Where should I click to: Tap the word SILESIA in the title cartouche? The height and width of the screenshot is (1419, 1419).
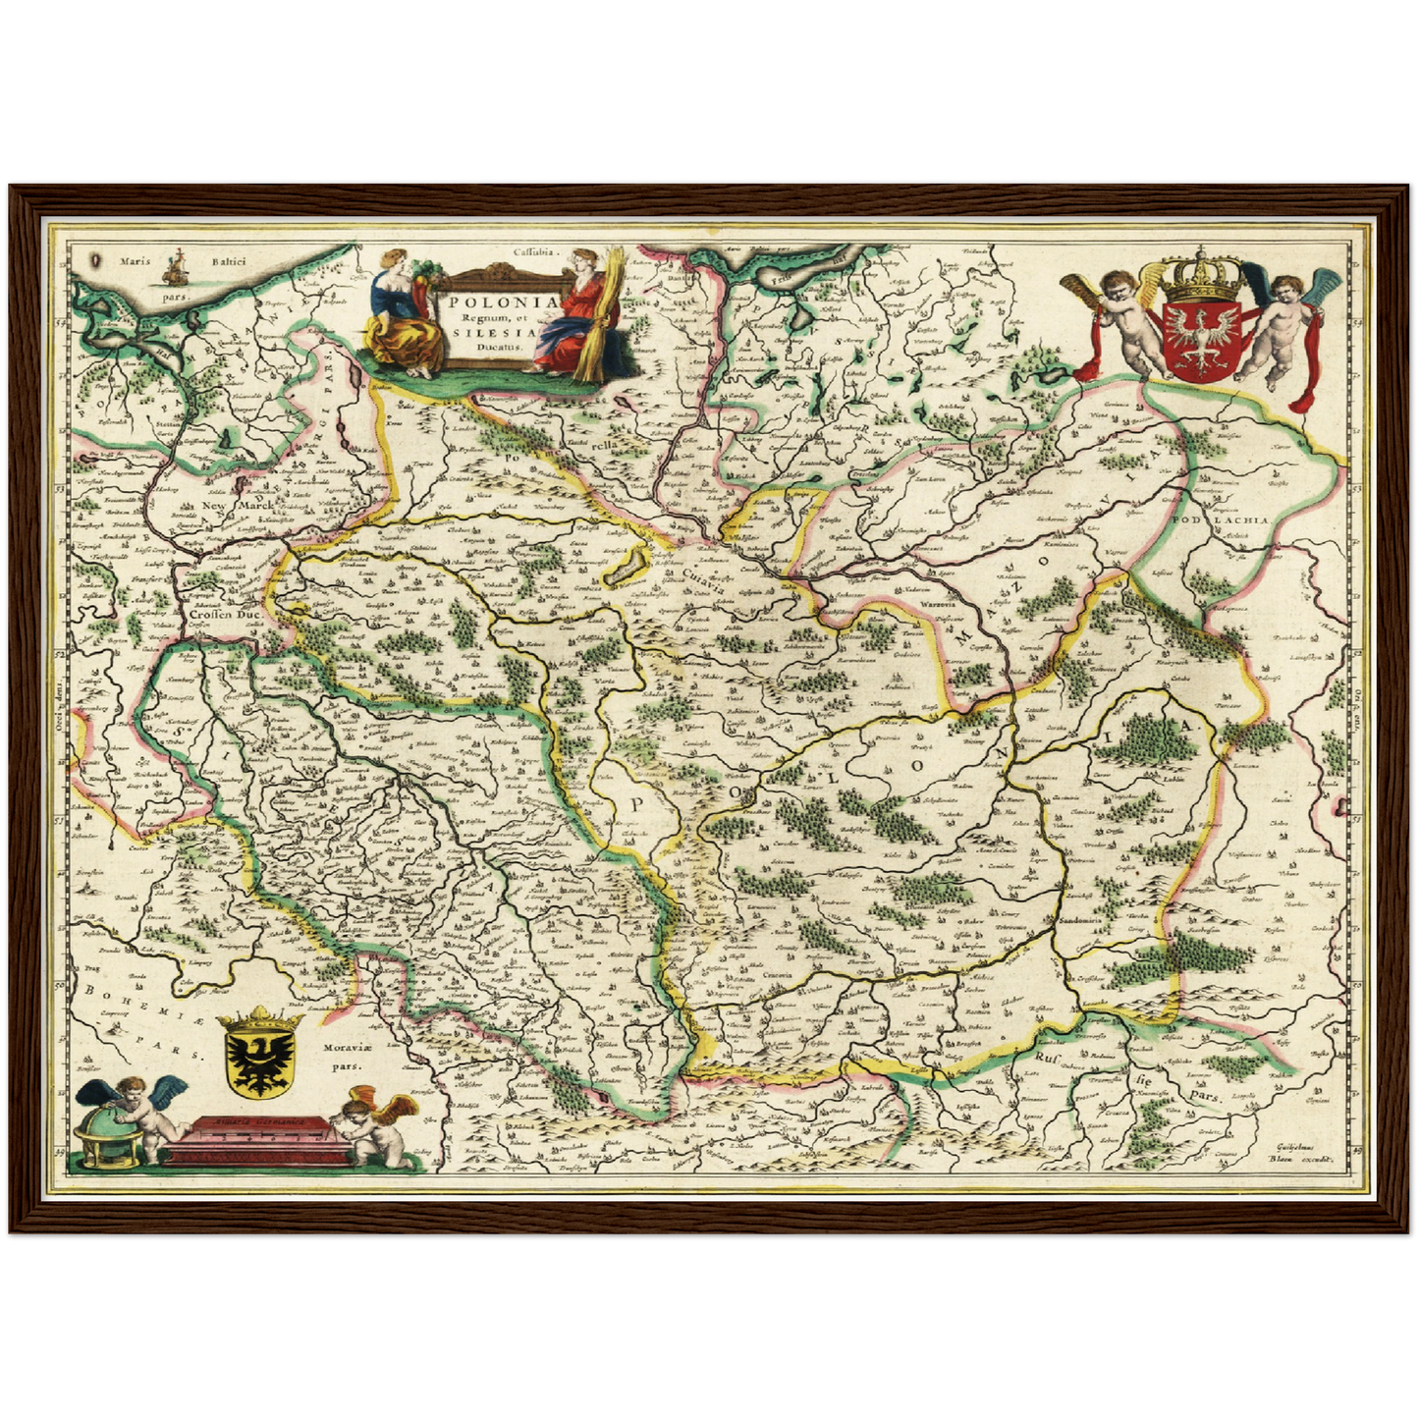(487, 332)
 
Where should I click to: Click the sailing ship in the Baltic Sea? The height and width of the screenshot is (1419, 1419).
(177, 264)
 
